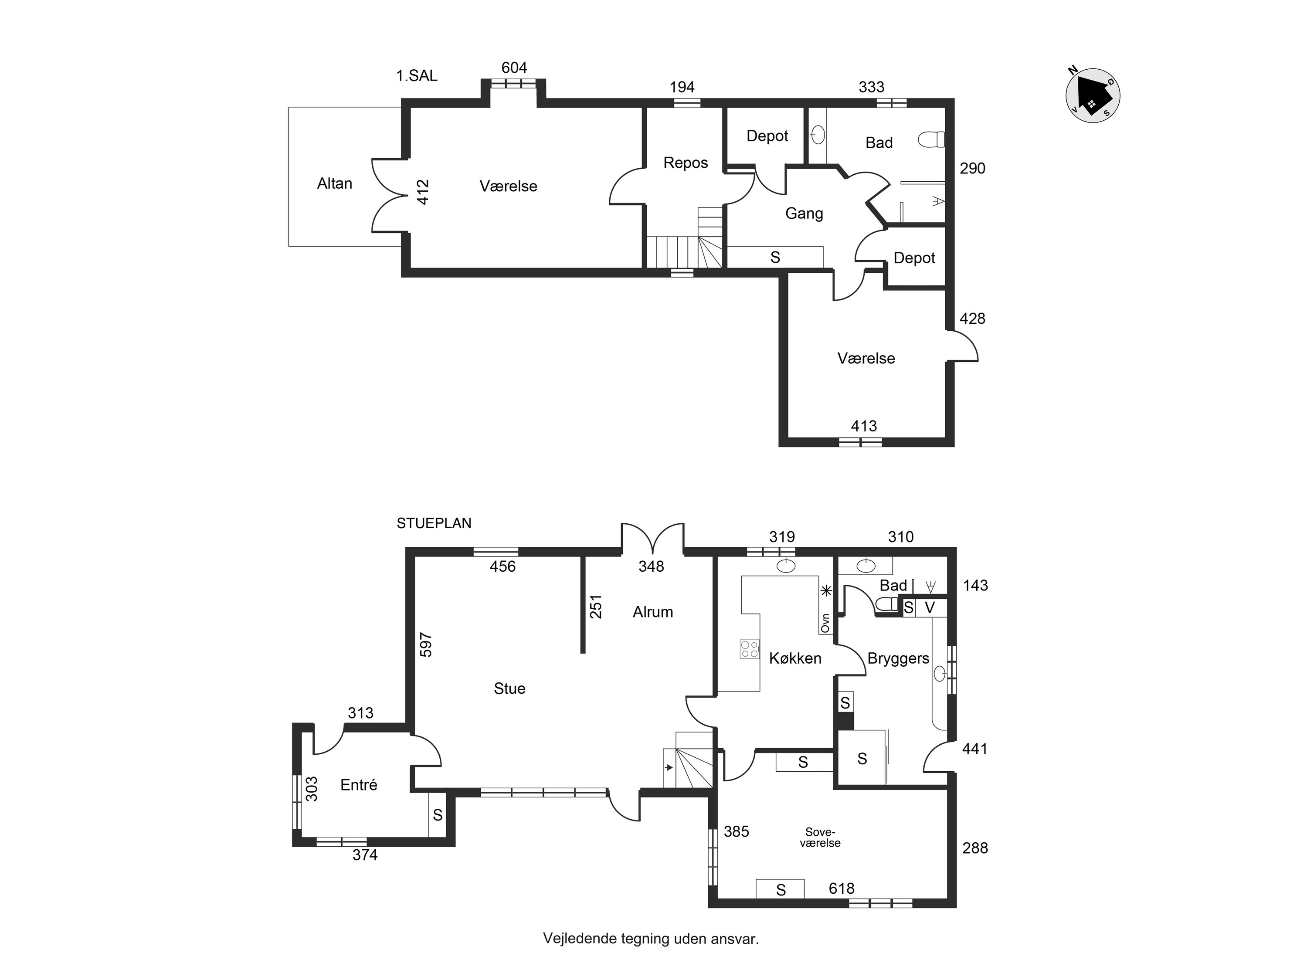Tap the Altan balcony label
click(334, 184)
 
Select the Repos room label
click(686, 163)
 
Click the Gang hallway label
click(804, 213)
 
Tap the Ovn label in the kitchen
click(825, 623)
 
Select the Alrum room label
click(653, 612)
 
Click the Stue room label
click(509, 688)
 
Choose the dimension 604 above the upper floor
click(514, 68)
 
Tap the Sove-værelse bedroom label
click(820, 838)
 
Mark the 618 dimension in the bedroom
click(842, 888)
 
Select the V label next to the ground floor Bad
click(930, 607)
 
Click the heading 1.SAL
click(417, 76)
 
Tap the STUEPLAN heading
click(434, 523)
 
